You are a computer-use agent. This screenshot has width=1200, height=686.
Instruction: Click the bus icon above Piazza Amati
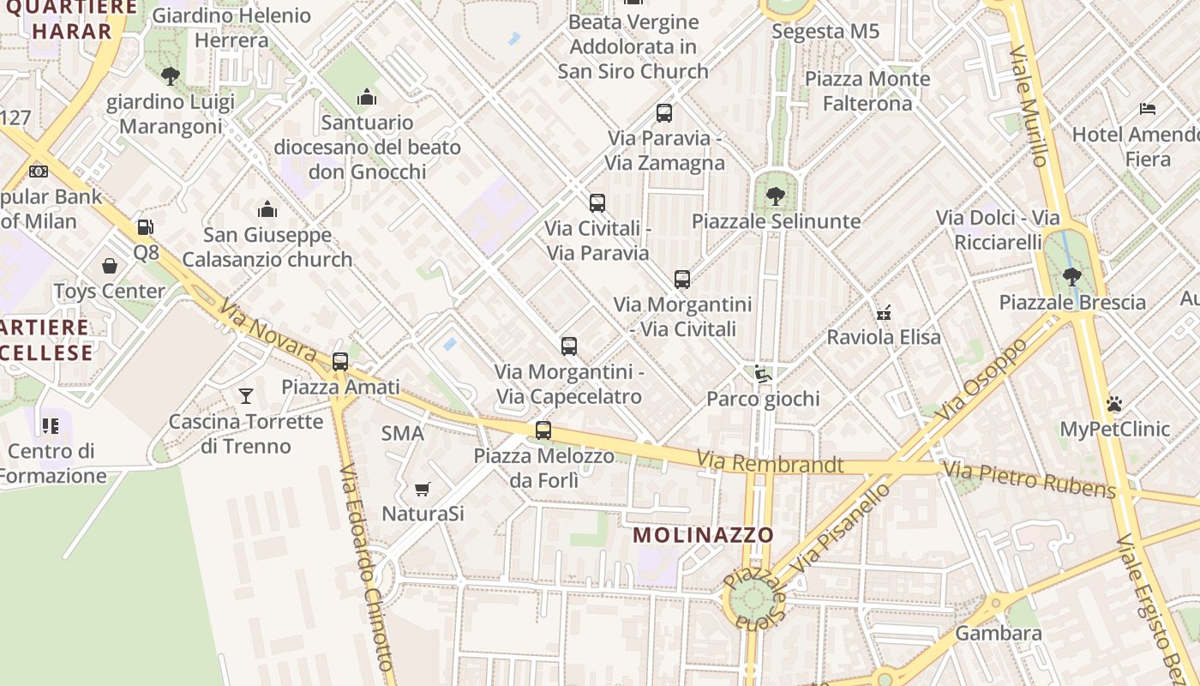tap(340, 361)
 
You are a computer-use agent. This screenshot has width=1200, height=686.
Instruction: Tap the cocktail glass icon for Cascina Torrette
tap(246, 395)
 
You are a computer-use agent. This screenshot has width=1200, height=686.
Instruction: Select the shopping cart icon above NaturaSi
tap(422, 489)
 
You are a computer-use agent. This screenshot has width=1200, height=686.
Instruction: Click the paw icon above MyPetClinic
tap(1114, 403)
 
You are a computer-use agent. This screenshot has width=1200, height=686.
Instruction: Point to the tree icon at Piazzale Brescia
tap(1071, 276)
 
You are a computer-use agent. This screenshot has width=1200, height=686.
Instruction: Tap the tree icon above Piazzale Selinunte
tap(775, 196)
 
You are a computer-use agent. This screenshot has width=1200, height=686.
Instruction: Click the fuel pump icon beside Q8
tap(145, 227)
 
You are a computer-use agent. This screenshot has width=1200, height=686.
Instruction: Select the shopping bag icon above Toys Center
tap(110, 266)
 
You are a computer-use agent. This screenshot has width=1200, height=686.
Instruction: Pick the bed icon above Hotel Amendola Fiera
tap(1148, 109)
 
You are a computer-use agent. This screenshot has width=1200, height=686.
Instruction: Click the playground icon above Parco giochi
tap(763, 373)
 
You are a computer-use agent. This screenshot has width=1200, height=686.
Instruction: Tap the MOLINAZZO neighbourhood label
tap(703, 535)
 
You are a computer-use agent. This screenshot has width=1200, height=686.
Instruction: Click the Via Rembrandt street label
tap(770, 463)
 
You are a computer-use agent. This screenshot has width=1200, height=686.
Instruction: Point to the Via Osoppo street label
tap(981, 379)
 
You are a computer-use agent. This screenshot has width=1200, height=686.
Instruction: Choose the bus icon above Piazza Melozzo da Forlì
tap(543, 430)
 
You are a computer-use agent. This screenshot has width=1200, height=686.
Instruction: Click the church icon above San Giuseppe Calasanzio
tap(267, 209)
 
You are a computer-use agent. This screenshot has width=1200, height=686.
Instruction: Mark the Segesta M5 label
tap(825, 32)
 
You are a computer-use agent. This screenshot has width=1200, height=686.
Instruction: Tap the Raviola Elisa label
tap(883, 337)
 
